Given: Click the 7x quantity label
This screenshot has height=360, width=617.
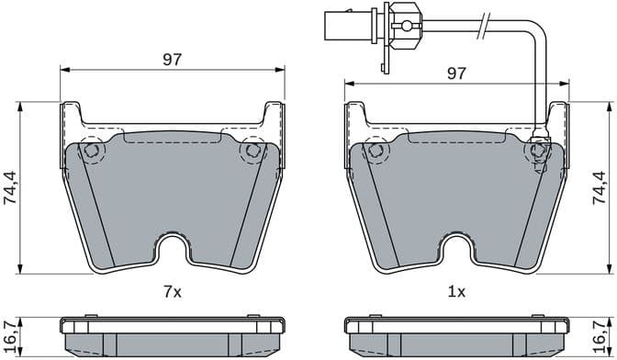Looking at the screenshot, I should point(173,292).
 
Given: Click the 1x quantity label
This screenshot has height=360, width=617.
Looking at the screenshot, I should point(456,292).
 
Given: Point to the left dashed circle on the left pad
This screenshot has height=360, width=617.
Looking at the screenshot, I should point(90,152).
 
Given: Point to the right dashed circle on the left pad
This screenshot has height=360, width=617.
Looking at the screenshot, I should point(252,151).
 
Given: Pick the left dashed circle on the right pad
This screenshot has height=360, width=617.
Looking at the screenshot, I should point(374,152).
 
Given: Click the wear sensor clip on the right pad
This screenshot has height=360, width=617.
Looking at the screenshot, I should point(537,149).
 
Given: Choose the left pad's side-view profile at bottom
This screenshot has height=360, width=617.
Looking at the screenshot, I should point(172,336).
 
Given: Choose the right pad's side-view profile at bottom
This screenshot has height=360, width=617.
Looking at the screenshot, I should point(455,336).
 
